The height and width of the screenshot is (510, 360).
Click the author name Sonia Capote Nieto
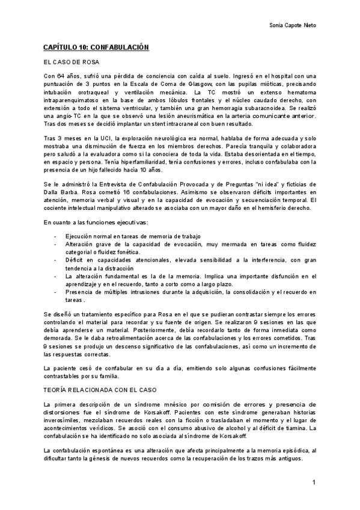(291, 26)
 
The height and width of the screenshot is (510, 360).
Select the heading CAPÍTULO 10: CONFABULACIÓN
(96, 47)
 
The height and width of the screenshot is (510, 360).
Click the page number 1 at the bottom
(314, 483)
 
